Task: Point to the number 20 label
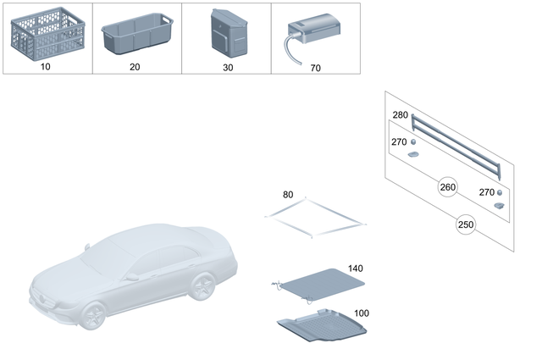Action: tap(135, 67)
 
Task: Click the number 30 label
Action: tap(228, 67)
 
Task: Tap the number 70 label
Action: tap(316, 67)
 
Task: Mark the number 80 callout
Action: tap(288, 195)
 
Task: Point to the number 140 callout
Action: tap(355, 269)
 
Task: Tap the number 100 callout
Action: tap(362, 313)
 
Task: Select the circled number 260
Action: tap(446, 186)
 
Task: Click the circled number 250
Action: tap(465, 225)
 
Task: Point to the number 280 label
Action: tap(400, 115)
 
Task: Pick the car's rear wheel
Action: tap(203, 286)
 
